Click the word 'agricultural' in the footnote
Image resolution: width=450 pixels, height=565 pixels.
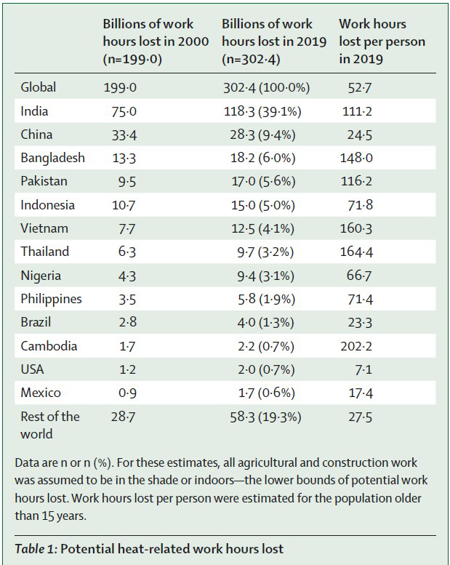click(277, 462)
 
